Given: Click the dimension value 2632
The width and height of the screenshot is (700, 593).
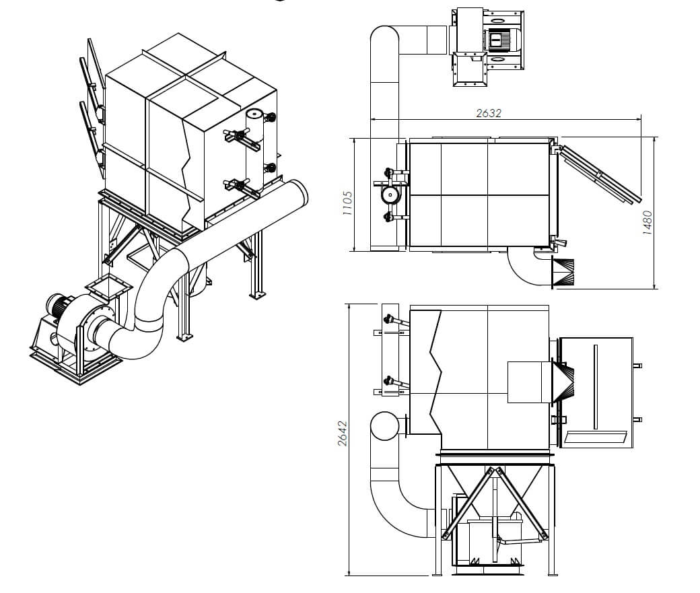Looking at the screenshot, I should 489,113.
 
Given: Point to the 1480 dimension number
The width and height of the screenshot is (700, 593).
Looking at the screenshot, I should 647,222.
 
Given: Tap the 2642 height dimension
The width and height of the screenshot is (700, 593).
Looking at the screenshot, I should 342,434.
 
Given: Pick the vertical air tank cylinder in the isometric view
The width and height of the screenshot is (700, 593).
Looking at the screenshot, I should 254,145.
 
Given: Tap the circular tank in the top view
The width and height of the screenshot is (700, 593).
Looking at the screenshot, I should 390,195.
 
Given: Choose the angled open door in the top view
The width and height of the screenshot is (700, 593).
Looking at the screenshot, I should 599,174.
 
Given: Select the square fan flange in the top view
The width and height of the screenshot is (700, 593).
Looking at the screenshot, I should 468,69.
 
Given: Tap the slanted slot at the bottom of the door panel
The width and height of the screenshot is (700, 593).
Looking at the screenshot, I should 596,438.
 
